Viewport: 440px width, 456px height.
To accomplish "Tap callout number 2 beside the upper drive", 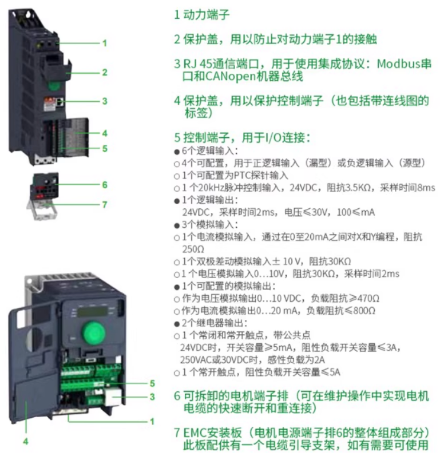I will click(105, 73).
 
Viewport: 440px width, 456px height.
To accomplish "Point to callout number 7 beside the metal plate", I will click(105, 204).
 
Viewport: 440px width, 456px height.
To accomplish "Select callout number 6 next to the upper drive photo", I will click(105, 185).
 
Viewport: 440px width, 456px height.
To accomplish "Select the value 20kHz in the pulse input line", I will click(208, 187).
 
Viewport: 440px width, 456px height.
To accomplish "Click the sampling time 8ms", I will click(425, 187).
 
